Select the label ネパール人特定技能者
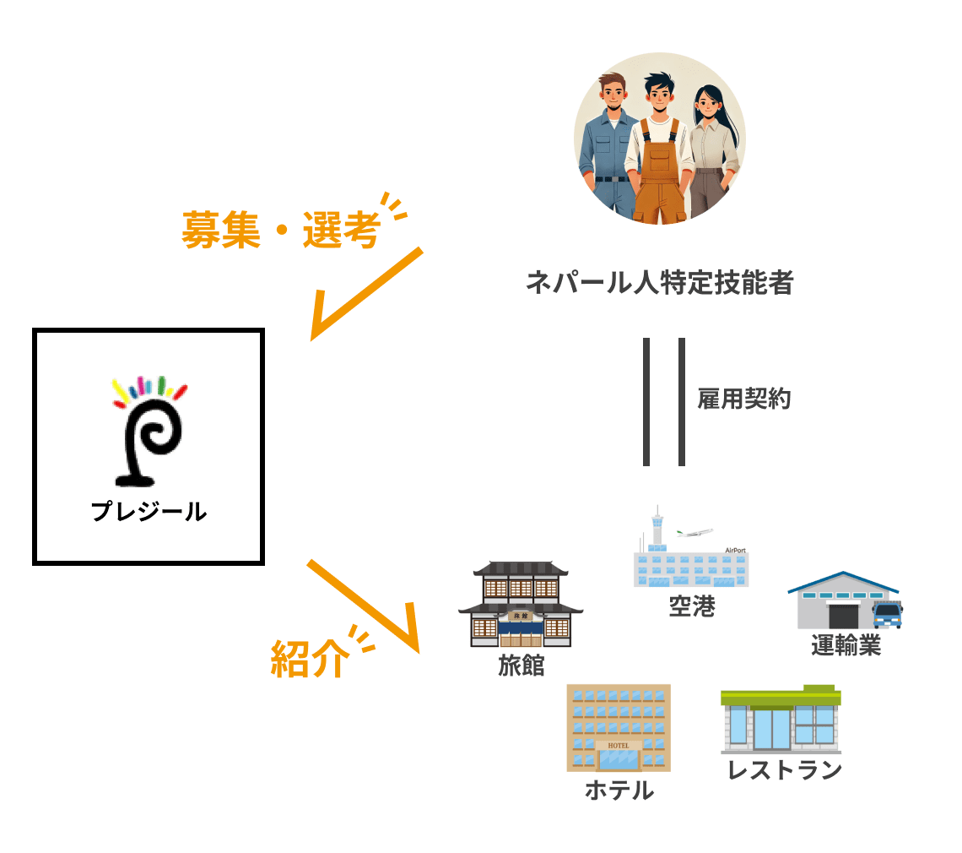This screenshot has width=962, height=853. click(x=659, y=283)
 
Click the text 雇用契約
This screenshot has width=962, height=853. click(x=743, y=399)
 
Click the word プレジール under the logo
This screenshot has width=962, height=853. click(x=149, y=512)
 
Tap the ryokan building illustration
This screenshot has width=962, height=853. click(x=520, y=602)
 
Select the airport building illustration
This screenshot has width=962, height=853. click(x=690, y=547)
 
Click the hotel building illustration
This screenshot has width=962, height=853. click(x=618, y=727)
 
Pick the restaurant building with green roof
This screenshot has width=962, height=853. click(x=781, y=720)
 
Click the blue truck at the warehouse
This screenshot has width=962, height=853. click(x=887, y=614)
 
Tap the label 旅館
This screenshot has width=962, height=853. click(x=522, y=666)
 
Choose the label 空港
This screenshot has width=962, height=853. click(x=692, y=606)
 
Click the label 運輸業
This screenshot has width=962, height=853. click(x=846, y=646)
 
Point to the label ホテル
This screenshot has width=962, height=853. click(x=619, y=791)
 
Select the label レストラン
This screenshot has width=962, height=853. click(x=785, y=770)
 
